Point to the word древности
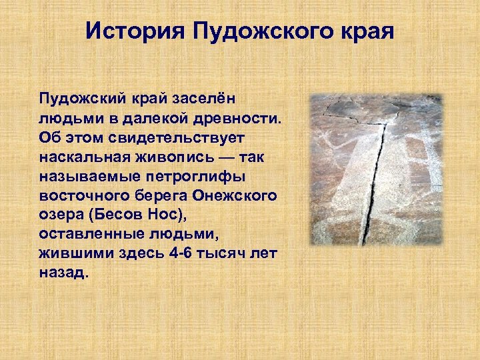point(241,119)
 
